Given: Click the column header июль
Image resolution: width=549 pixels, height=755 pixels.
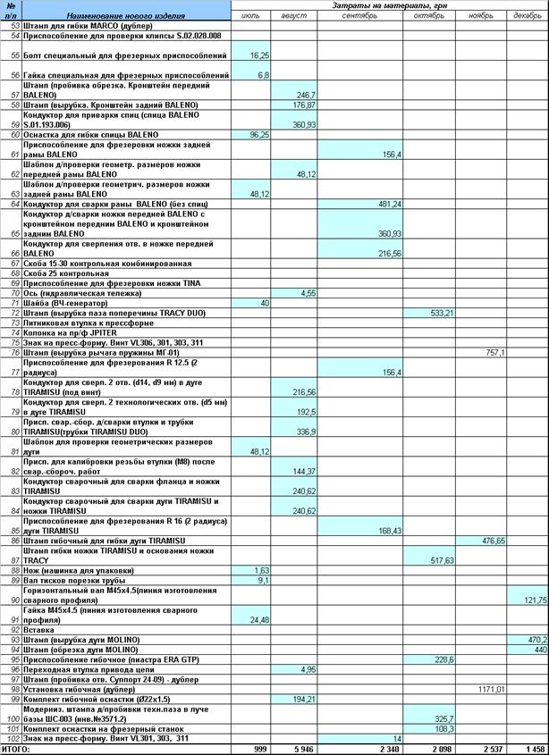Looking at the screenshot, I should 252,15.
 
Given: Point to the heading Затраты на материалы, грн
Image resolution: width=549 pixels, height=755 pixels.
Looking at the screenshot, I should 390,5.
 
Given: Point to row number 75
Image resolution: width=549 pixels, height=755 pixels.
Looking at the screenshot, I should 14,342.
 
